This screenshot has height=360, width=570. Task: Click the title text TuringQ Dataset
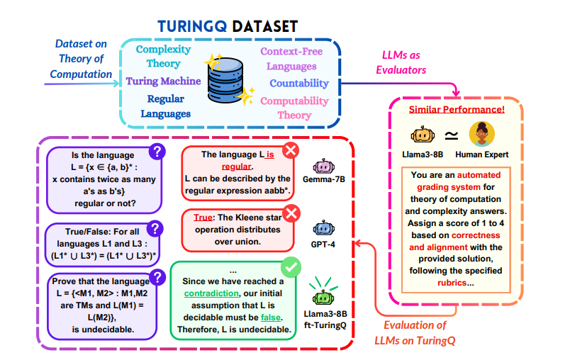tap(228, 26)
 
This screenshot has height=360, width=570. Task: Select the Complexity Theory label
tap(163, 57)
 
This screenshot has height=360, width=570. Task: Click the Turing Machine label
tap(163, 81)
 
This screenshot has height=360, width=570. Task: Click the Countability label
tap(298, 84)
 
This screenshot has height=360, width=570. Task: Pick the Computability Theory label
tap(294, 108)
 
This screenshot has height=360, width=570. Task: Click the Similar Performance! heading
tap(457, 110)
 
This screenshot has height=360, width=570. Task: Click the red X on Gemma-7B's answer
tap(291, 150)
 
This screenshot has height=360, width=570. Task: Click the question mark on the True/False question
tap(155, 229)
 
